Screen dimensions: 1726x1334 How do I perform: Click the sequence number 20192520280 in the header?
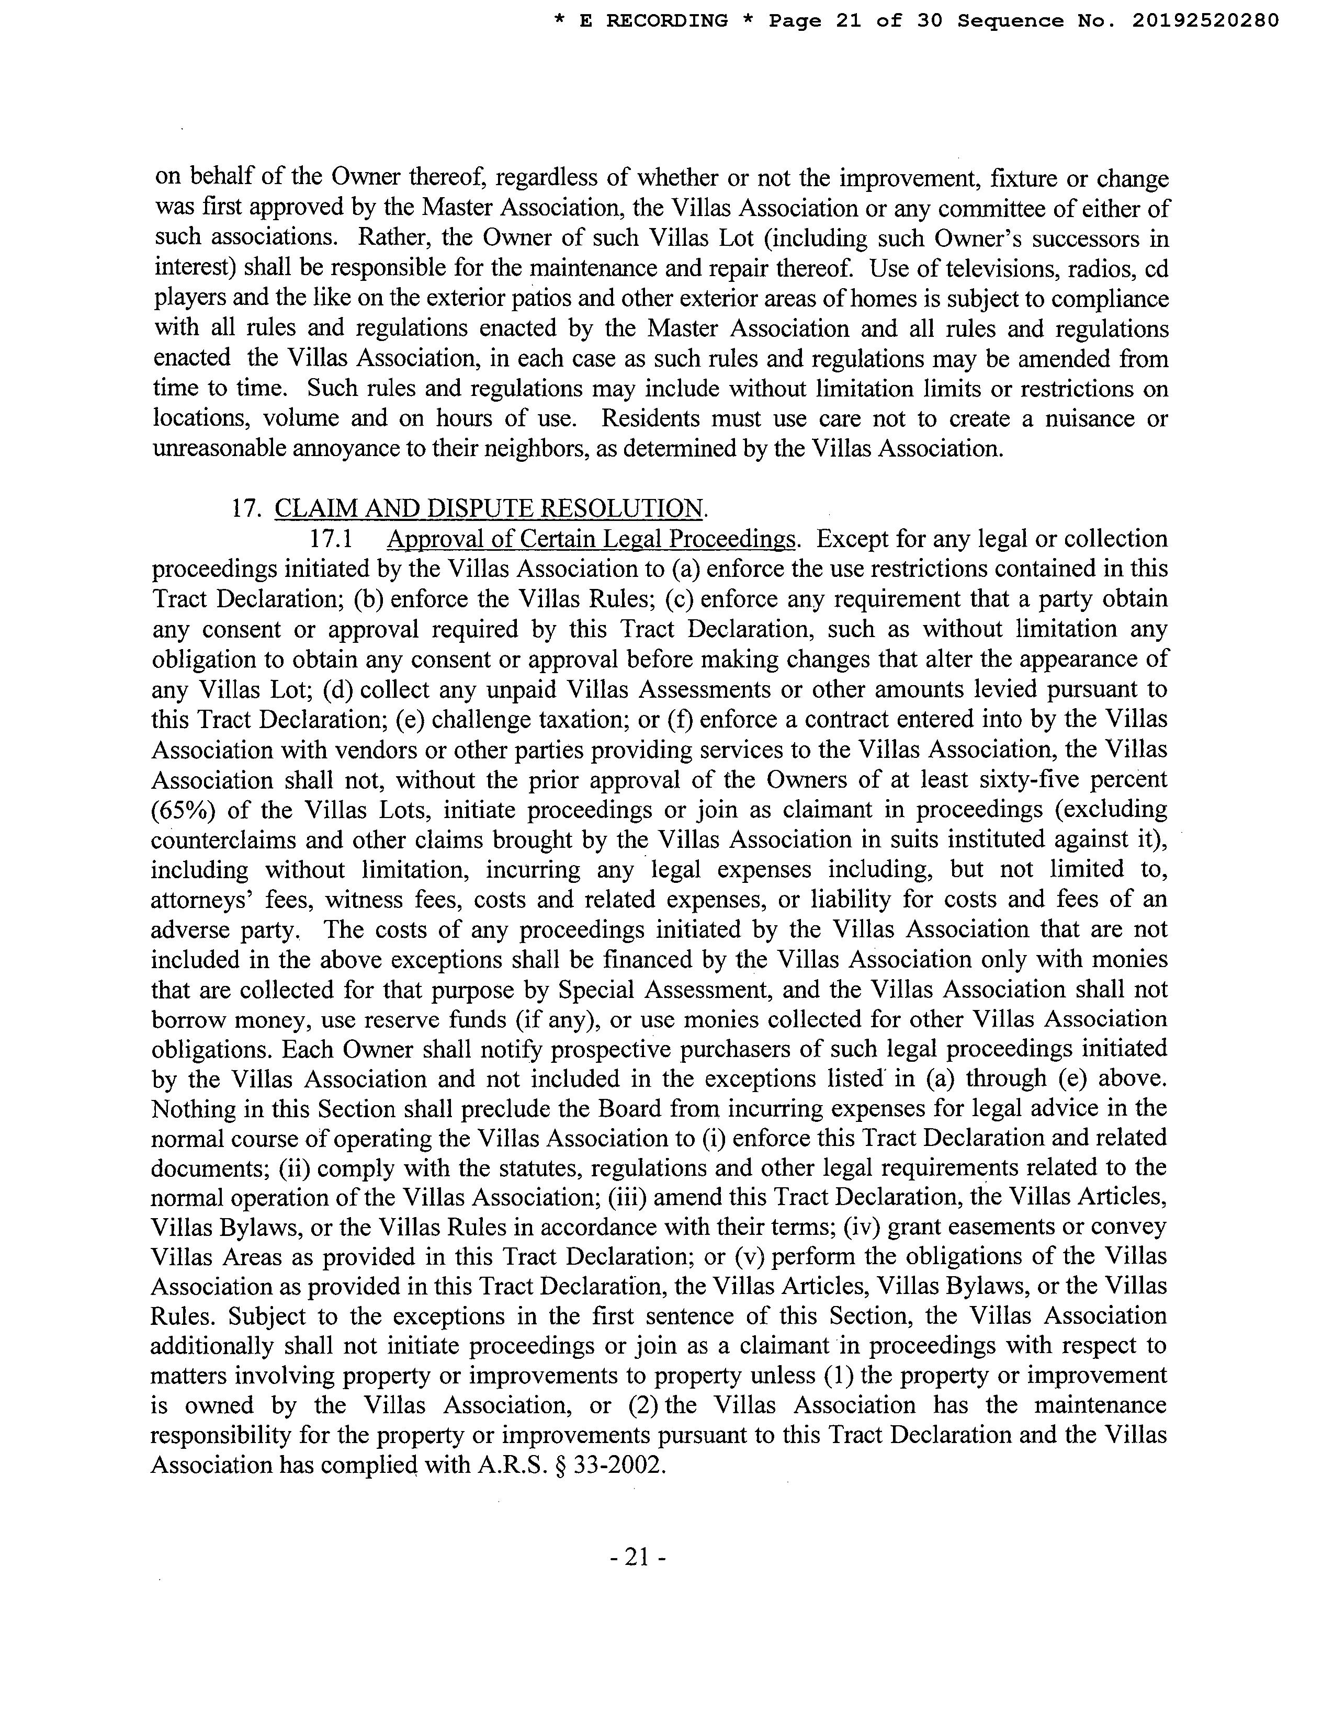point(1204,21)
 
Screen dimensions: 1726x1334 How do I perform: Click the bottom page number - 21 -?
point(639,1558)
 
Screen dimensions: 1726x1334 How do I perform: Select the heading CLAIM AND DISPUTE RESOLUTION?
point(489,508)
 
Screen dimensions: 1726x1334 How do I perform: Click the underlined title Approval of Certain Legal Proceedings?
point(592,539)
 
